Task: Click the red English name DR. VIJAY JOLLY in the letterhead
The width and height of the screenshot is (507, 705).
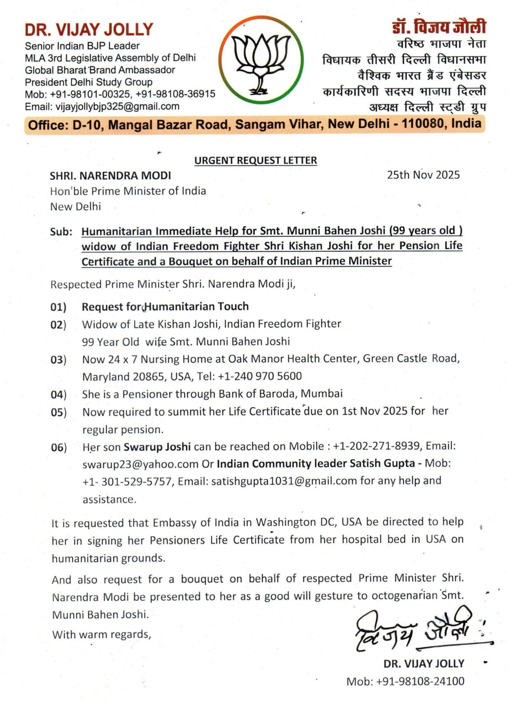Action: click(x=89, y=30)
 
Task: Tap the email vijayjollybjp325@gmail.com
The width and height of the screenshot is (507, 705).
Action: click(x=117, y=106)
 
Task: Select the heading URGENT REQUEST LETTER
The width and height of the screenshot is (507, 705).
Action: click(x=255, y=160)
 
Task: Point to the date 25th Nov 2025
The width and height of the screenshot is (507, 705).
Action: click(x=423, y=175)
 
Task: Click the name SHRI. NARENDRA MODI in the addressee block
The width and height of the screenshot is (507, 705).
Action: click(x=110, y=176)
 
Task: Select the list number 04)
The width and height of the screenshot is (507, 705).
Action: click(x=58, y=394)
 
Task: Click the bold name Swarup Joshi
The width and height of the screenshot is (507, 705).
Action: click(x=157, y=447)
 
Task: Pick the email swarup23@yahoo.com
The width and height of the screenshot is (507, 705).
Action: click(x=140, y=464)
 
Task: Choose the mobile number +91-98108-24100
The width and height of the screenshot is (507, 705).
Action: click(x=420, y=681)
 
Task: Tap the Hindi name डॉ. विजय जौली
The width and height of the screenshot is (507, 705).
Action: click(x=439, y=27)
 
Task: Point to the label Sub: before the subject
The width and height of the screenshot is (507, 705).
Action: click(x=61, y=232)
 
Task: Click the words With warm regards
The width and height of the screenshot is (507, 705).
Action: click(x=101, y=634)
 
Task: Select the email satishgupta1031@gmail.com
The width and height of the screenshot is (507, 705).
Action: click(x=284, y=481)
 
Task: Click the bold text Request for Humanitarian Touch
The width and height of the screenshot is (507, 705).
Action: click(x=165, y=307)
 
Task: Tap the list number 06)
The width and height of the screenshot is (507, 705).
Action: click(x=58, y=448)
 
